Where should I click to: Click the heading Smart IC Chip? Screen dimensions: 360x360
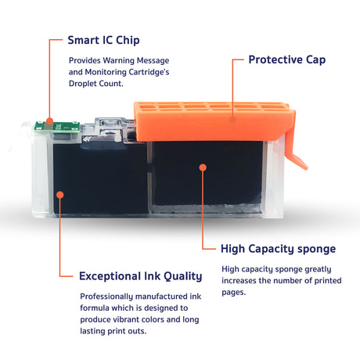coord(103,41)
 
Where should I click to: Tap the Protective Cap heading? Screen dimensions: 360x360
coord(287,60)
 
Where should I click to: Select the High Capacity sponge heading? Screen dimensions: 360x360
coord(278,249)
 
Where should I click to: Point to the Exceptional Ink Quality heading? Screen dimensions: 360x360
coord(141,276)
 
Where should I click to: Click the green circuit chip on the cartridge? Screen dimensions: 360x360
coord(57,127)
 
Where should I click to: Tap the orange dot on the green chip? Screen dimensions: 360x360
coord(49,121)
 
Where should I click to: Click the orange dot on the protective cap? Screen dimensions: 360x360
coord(233,120)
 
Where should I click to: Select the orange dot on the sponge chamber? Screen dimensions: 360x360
coord(203,167)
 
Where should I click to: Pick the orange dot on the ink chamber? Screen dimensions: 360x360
coord(60,195)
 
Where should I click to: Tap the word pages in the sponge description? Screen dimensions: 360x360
coord(233,293)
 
